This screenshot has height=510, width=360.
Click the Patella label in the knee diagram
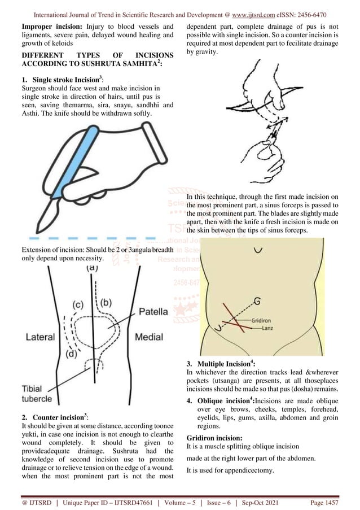click(153, 311)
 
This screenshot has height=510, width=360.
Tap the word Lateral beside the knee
click(39, 337)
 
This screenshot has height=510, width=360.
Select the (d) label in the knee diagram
click(71, 354)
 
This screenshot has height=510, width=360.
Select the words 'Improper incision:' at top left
click(46, 27)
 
